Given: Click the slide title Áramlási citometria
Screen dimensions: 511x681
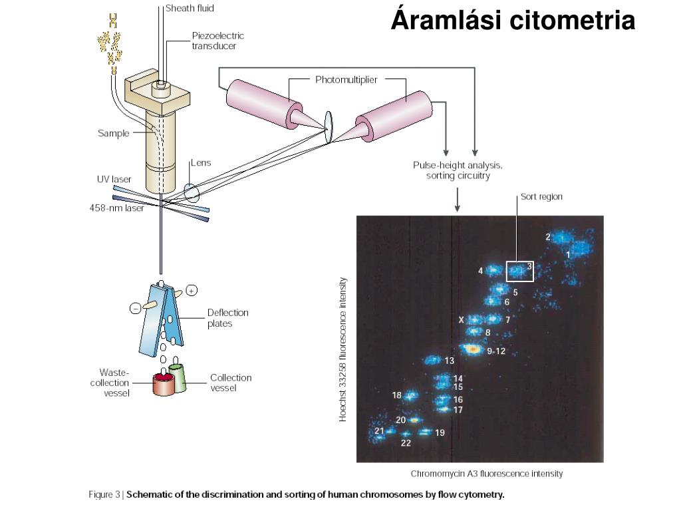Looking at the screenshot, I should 513,20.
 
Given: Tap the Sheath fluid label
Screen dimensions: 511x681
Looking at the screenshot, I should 190,9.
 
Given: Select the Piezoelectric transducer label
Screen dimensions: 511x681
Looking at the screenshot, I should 217,41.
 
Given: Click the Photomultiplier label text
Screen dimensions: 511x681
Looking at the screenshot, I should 346,80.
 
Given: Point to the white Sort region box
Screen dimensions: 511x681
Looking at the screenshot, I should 520,271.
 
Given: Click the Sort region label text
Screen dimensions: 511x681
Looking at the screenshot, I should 541,196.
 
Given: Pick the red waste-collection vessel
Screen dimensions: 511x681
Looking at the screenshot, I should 163,384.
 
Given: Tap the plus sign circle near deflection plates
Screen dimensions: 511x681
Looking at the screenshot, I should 192,290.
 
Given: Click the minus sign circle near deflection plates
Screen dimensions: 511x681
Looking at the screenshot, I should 136,308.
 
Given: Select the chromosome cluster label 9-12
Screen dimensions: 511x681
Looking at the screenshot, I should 496,351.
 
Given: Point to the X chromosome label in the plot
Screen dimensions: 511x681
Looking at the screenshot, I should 461,320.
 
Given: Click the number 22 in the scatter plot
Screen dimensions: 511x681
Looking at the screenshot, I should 406,444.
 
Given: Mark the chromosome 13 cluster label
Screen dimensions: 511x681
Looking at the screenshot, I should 450,361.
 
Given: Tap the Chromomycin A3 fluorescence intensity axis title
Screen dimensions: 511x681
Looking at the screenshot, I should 486,474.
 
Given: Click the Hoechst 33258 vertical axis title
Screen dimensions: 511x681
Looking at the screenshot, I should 343,349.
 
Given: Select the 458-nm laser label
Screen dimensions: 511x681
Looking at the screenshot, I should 116,208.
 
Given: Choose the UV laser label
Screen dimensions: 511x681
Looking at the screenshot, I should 114,180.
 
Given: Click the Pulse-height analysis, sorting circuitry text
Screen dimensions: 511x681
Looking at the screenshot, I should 458,170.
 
